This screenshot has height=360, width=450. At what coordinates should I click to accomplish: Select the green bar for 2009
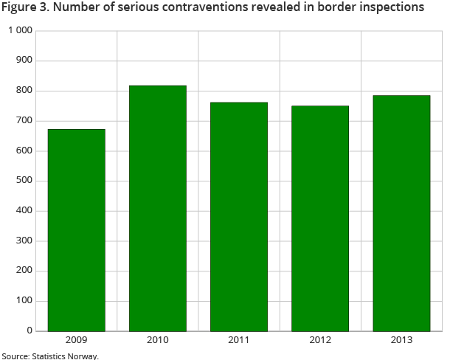pyautogui.click(x=77, y=229)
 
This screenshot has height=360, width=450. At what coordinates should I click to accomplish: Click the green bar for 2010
pyautogui.click(x=158, y=208)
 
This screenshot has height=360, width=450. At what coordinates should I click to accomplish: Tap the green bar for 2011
pyautogui.click(x=239, y=216)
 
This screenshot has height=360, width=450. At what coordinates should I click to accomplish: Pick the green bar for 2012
pyautogui.click(x=320, y=218)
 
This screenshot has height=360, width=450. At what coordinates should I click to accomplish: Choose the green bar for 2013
pyautogui.click(x=401, y=213)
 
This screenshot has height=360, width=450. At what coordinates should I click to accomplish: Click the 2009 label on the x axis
pyautogui.click(x=77, y=340)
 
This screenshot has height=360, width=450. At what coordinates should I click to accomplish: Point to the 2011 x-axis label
pyautogui.click(x=239, y=340)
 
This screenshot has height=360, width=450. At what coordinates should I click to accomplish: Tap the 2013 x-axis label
pyautogui.click(x=401, y=340)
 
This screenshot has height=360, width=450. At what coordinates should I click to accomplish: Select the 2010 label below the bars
pyautogui.click(x=158, y=340)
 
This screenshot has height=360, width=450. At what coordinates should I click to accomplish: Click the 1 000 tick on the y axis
pyautogui.click(x=21, y=31)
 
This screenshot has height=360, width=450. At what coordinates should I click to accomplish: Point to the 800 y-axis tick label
pyautogui.click(x=24, y=91)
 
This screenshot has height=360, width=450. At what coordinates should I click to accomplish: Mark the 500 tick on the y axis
pyautogui.click(x=24, y=181)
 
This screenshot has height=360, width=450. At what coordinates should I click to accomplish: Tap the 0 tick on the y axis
pyautogui.click(x=30, y=330)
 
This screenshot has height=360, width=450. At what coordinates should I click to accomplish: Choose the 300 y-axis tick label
pyautogui.click(x=24, y=241)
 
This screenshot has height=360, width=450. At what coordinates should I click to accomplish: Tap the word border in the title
pyautogui.click(x=333, y=8)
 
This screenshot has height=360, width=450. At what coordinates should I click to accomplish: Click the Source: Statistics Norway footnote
pyautogui.click(x=49, y=356)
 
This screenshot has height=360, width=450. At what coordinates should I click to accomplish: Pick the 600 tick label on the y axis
pyautogui.click(x=24, y=151)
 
